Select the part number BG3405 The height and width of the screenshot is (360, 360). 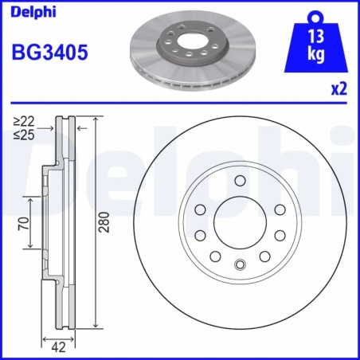point(49,54)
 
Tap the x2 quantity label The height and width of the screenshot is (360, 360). point(338,90)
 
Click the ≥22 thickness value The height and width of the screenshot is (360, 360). point(23,120)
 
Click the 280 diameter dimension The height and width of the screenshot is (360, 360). point(103,225)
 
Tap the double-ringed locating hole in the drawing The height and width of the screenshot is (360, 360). point(238,266)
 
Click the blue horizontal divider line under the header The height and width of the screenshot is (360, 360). point(180,103)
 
